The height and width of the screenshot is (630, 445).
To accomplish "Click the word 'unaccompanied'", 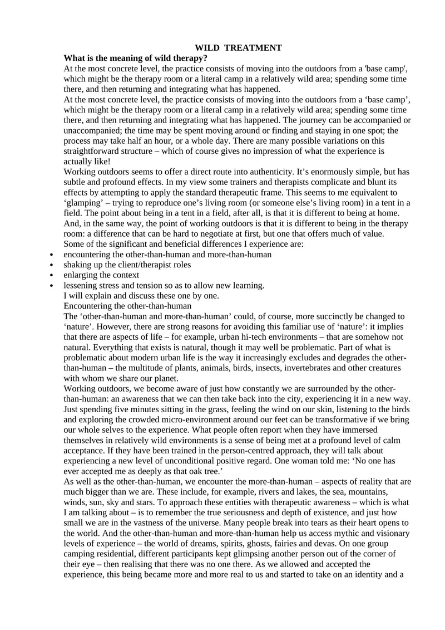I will [91, 131].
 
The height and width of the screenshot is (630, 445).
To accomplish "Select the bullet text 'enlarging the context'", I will [101, 275].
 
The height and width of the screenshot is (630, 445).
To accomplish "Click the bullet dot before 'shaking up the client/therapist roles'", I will [51, 265].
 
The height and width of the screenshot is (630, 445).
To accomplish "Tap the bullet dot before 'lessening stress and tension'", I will [51, 286].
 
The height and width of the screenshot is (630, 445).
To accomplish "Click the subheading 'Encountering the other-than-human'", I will [128, 306].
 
